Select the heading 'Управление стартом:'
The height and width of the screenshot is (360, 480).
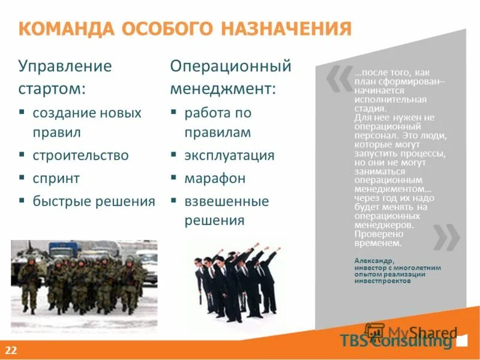65,77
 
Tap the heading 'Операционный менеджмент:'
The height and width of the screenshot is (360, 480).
230,77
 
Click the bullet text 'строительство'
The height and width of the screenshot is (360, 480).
81,155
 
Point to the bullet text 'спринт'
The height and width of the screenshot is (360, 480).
56,179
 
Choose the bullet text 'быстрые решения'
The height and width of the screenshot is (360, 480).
94,202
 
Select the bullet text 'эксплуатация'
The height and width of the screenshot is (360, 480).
229,155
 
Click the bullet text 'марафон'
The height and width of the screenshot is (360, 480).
215,179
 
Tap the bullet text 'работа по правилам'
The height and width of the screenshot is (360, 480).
218,122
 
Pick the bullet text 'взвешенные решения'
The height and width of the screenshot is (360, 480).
226,211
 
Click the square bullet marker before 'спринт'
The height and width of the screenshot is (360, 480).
22,179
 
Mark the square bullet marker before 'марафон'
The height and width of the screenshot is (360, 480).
173,179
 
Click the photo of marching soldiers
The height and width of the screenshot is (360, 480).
84,280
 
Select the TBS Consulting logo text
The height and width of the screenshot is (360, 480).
395,341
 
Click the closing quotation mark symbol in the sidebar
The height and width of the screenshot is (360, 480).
446,236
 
